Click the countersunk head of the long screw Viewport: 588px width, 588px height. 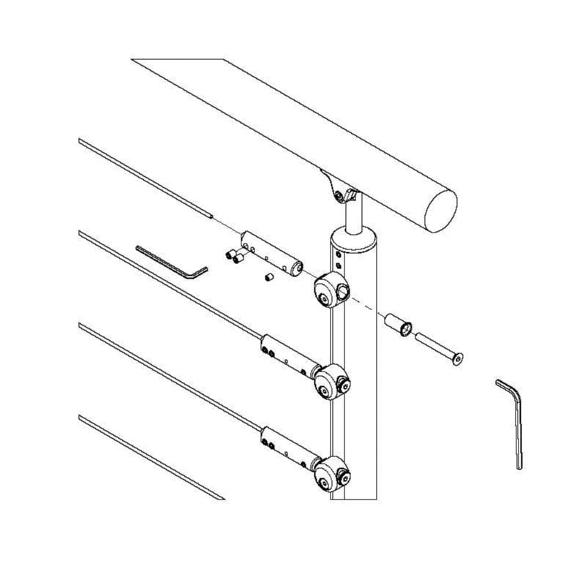(457, 359)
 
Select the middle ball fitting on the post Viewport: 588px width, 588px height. (331, 380)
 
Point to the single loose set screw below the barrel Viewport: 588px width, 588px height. (268, 278)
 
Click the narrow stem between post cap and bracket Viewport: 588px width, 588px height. (353, 216)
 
